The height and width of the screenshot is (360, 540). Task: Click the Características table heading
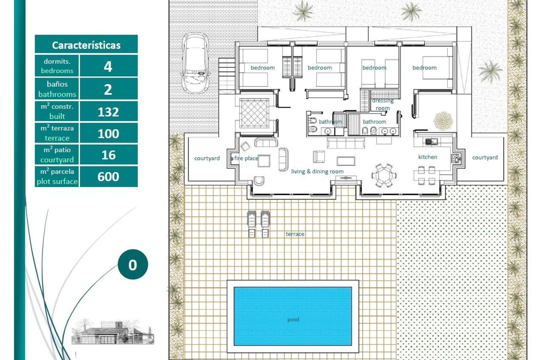pos(86,45)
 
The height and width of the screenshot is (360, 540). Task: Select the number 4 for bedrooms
pos(108,66)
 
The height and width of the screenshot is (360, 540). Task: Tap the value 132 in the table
pos(108,112)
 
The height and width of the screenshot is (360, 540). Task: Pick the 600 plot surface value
pos(108,177)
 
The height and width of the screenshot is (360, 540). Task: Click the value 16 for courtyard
pos(108,155)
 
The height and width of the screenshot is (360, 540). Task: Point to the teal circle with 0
pos(133,264)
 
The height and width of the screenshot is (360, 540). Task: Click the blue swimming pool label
pos(293,319)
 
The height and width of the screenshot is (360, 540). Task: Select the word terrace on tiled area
pos(295,234)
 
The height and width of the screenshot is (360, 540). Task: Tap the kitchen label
pos(427,157)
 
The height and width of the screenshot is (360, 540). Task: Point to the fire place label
pos(246,158)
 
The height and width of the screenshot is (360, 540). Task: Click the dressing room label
pos(382,104)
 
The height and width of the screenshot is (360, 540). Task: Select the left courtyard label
pos(207,158)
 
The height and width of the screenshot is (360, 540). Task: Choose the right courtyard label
pos(485,157)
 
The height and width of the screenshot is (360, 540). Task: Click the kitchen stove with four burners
pos(455,159)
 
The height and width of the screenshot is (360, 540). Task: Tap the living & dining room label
pos(317,171)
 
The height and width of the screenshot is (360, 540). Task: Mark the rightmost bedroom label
pos(424,68)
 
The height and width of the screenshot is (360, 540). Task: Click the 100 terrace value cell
pos(108,133)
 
